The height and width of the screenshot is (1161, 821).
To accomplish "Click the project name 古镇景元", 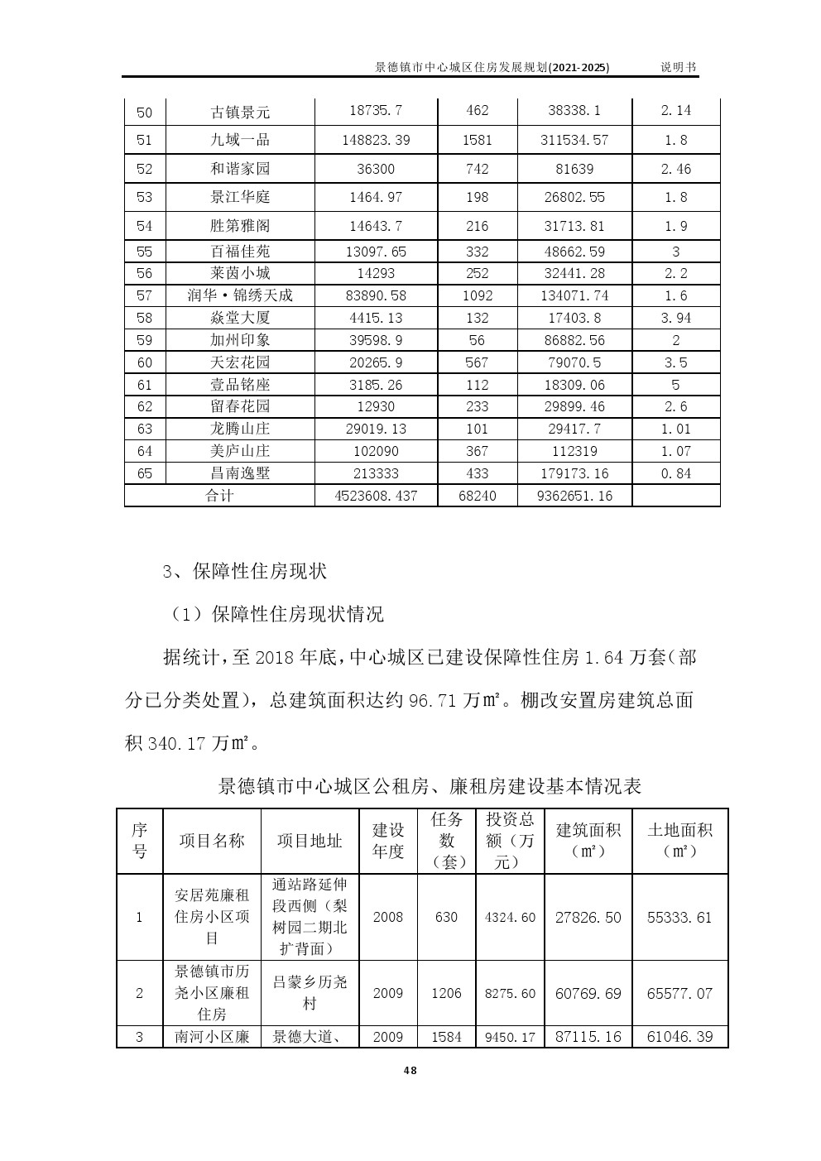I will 240,112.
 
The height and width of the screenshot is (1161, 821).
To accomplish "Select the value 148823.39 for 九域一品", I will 376,140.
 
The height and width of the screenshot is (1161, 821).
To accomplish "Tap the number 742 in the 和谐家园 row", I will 477,169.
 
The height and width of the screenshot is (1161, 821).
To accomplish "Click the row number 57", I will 145,295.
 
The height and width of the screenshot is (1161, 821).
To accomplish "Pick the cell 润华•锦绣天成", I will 240,295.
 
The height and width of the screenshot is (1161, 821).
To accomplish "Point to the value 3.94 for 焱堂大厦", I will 676,318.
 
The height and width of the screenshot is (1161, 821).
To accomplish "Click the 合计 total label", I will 219,496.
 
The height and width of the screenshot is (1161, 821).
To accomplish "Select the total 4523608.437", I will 376,496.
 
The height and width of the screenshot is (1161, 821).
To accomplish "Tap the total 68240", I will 477,496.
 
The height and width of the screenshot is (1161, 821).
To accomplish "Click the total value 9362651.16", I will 574,496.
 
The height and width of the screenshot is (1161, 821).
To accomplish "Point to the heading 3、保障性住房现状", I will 245,571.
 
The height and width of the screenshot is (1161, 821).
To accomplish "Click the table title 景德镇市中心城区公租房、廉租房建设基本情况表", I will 430,785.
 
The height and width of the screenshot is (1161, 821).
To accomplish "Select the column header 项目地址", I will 310,841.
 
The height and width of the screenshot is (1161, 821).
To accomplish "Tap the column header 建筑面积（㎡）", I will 588,840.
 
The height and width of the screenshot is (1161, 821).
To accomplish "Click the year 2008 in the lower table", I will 387,917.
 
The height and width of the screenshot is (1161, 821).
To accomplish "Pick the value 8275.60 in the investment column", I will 510,993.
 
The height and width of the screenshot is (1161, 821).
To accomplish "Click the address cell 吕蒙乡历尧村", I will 310,993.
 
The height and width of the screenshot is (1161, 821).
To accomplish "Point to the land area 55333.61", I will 679,917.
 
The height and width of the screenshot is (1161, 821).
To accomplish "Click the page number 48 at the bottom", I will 410,1070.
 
